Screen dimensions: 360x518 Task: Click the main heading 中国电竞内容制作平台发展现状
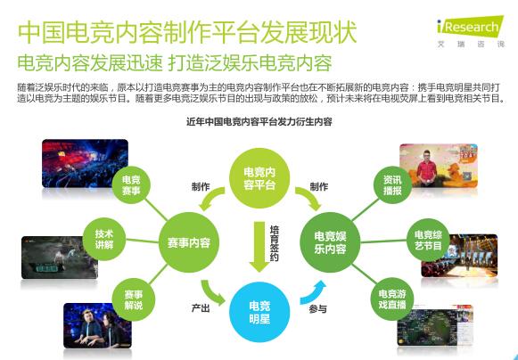tap(186, 33)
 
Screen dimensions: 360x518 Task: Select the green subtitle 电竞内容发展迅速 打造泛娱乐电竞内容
tap(174, 64)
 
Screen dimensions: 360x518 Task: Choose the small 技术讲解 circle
tap(104, 239)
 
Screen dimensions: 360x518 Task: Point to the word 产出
tap(201, 307)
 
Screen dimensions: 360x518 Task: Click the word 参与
tap(318, 308)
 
